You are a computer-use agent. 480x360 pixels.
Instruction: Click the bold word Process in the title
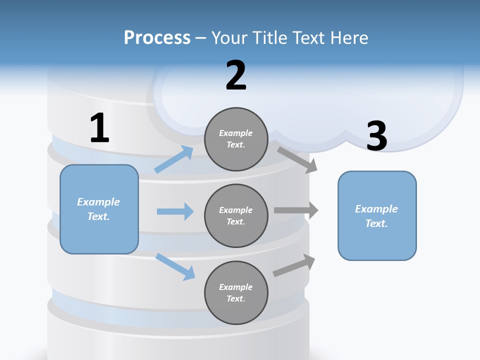click(x=157, y=38)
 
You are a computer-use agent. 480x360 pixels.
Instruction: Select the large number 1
click(x=99, y=128)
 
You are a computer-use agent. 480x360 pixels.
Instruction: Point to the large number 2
click(x=236, y=75)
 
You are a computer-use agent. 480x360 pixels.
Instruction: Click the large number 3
click(x=377, y=136)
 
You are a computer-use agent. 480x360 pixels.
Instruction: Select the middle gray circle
click(x=236, y=215)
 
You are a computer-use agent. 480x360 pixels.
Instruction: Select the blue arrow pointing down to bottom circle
click(x=175, y=266)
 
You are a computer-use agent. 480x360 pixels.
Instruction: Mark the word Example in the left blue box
click(x=98, y=202)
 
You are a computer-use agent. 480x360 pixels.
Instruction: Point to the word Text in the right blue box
click(x=376, y=223)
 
